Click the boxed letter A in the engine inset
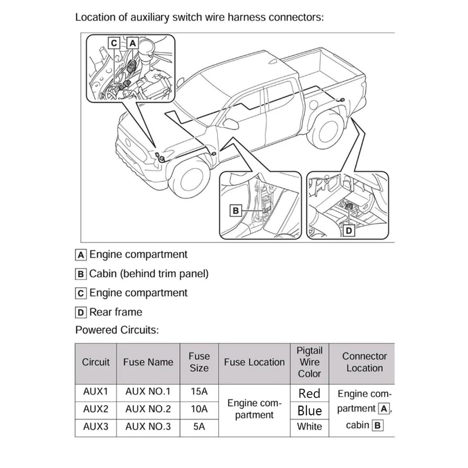(133, 43)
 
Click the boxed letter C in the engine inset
(114, 43)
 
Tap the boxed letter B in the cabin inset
(236, 211)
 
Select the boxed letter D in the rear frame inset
(349, 230)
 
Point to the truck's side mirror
(230, 123)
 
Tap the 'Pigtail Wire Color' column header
(309, 362)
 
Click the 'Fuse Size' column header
(199, 362)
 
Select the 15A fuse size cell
(199, 391)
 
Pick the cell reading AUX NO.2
(148, 409)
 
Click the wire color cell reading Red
(309, 393)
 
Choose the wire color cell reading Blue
(309, 411)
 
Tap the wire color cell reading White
(309, 427)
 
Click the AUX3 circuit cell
(96, 427)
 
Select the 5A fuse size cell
(199, 427)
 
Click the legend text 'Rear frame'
(115, 312)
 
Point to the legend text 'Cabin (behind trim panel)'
(149, 274)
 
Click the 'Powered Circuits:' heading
(117, 330)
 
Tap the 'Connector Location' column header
(364, 362)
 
